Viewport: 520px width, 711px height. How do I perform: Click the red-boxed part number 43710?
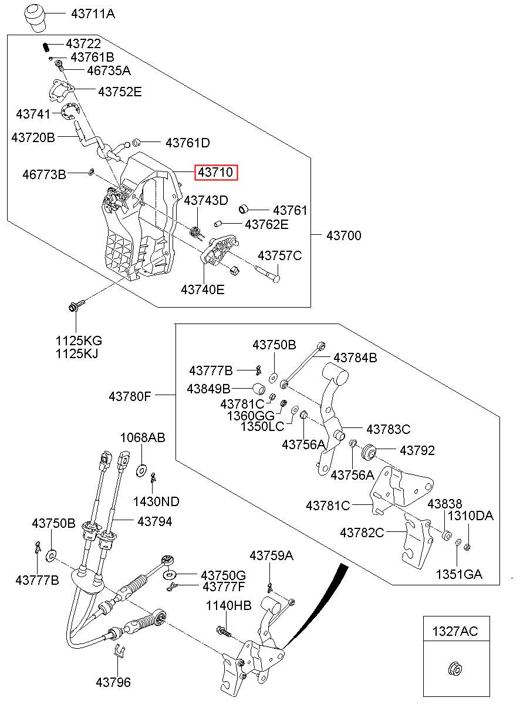coord(217,173)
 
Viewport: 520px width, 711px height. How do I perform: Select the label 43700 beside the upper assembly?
coord(344,235)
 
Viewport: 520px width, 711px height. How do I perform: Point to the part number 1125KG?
coord(79,341)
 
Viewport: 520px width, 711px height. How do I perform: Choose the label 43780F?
coord(130,396)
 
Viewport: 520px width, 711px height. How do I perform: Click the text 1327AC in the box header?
coord(455,631)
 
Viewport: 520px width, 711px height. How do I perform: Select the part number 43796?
coord(113,682)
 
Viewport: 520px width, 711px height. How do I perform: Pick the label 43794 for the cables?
coord(155,521)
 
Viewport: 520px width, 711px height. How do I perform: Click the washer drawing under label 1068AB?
coord(141,470)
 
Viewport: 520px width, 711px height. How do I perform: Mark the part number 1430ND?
coord(156,501)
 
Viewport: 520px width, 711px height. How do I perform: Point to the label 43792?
coord(417,450)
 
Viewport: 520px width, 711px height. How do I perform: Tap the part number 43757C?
coord(280,255)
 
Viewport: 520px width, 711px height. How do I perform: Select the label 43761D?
coord(188,143)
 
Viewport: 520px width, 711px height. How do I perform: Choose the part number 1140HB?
coord(228,606)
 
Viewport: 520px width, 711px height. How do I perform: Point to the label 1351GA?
coord(458,574)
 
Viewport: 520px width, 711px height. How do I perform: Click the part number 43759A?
coord(271,555)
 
